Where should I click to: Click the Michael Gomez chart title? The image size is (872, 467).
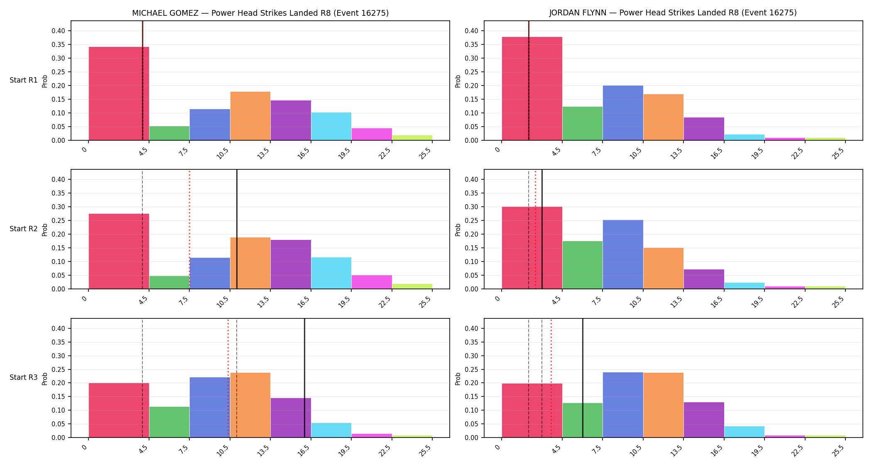260,13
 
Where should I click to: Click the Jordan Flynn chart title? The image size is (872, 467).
673,13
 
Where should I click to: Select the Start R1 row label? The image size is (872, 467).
24,80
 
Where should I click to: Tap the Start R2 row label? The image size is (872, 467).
24,229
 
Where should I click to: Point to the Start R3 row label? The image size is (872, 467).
24,377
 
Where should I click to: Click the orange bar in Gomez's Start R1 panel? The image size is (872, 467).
250,116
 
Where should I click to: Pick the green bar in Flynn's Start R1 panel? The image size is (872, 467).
582,123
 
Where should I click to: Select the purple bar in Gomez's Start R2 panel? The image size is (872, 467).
291,264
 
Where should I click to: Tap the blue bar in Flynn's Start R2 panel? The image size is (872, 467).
623,254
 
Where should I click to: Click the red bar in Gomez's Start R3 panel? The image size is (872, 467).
119,410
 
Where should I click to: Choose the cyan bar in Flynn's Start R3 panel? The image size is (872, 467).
745,432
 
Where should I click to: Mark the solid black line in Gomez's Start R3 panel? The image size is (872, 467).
304,378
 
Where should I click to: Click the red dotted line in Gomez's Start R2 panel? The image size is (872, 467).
189,230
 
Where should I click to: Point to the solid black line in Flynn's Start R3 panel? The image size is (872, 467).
583,378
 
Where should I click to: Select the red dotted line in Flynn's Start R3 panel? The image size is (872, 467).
551,378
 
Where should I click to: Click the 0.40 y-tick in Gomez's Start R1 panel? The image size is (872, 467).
58,31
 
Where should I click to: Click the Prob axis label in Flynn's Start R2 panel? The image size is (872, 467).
458,230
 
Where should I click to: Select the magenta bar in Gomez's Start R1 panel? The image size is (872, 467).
372,134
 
